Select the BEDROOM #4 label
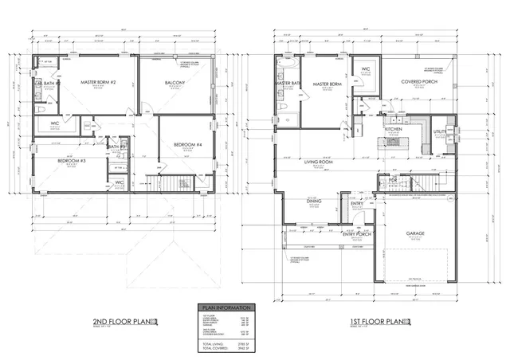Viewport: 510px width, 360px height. coord(188,144)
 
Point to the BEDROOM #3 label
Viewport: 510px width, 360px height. coord(73,161)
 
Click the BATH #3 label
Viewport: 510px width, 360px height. coord(115,147)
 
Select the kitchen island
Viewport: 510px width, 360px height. coord(394,142)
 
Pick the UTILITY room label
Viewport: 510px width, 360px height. coord(439,131)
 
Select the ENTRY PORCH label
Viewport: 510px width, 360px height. coord(359,234)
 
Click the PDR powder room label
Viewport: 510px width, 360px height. coord(393,181)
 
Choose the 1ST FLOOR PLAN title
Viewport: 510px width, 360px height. coord(375,322)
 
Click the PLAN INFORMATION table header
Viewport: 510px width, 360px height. coord(227,307)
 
